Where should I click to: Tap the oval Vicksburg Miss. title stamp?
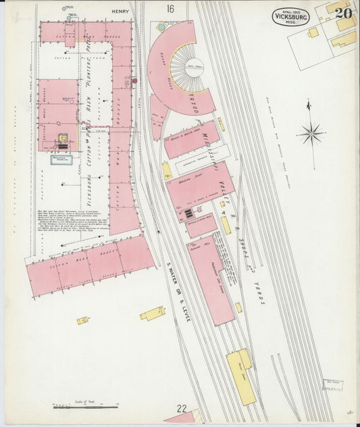[290, 17]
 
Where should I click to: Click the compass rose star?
[311, 132]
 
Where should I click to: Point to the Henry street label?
[120, 9]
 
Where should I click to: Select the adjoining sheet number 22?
[182, 408]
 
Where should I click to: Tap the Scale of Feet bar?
[77, 406]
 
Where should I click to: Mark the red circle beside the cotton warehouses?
[134, 80]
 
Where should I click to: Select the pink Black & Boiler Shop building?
[192, 139]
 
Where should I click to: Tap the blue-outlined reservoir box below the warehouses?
[62, 160]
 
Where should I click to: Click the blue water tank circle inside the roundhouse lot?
[161, 28]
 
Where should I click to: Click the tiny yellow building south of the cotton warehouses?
[82, 320]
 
